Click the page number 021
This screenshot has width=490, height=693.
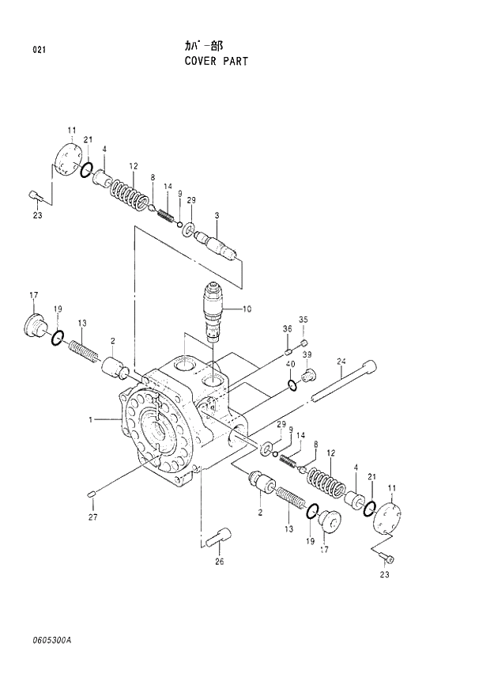[39, 51]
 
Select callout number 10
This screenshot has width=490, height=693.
[247, 309]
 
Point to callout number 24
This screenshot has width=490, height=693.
[341, 362]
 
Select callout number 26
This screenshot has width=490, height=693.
[219, 562]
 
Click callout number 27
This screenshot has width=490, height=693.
[93, 518]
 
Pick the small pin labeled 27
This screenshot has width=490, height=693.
[92, 495]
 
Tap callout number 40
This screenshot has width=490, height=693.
[291, 364]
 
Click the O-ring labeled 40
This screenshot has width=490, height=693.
[293, 385]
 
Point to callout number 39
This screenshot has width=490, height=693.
[307, 354]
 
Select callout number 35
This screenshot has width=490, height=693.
[303, 320]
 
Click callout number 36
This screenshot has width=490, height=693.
[288, 328]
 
